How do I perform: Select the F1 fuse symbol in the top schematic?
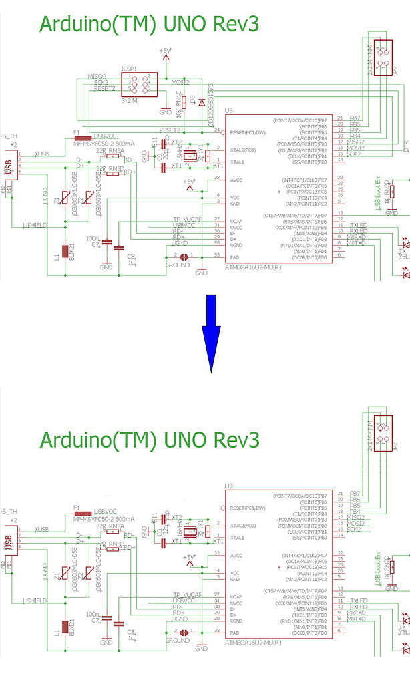(x=83, y=139)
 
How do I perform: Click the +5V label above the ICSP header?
(x=166, y=51)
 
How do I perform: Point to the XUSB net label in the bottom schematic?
(x=42, y=528)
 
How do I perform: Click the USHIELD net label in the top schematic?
(x=35, y=225)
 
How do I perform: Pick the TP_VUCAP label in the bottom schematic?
(x=187, y=594)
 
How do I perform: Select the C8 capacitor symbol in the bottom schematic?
(x=119, y=623)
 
